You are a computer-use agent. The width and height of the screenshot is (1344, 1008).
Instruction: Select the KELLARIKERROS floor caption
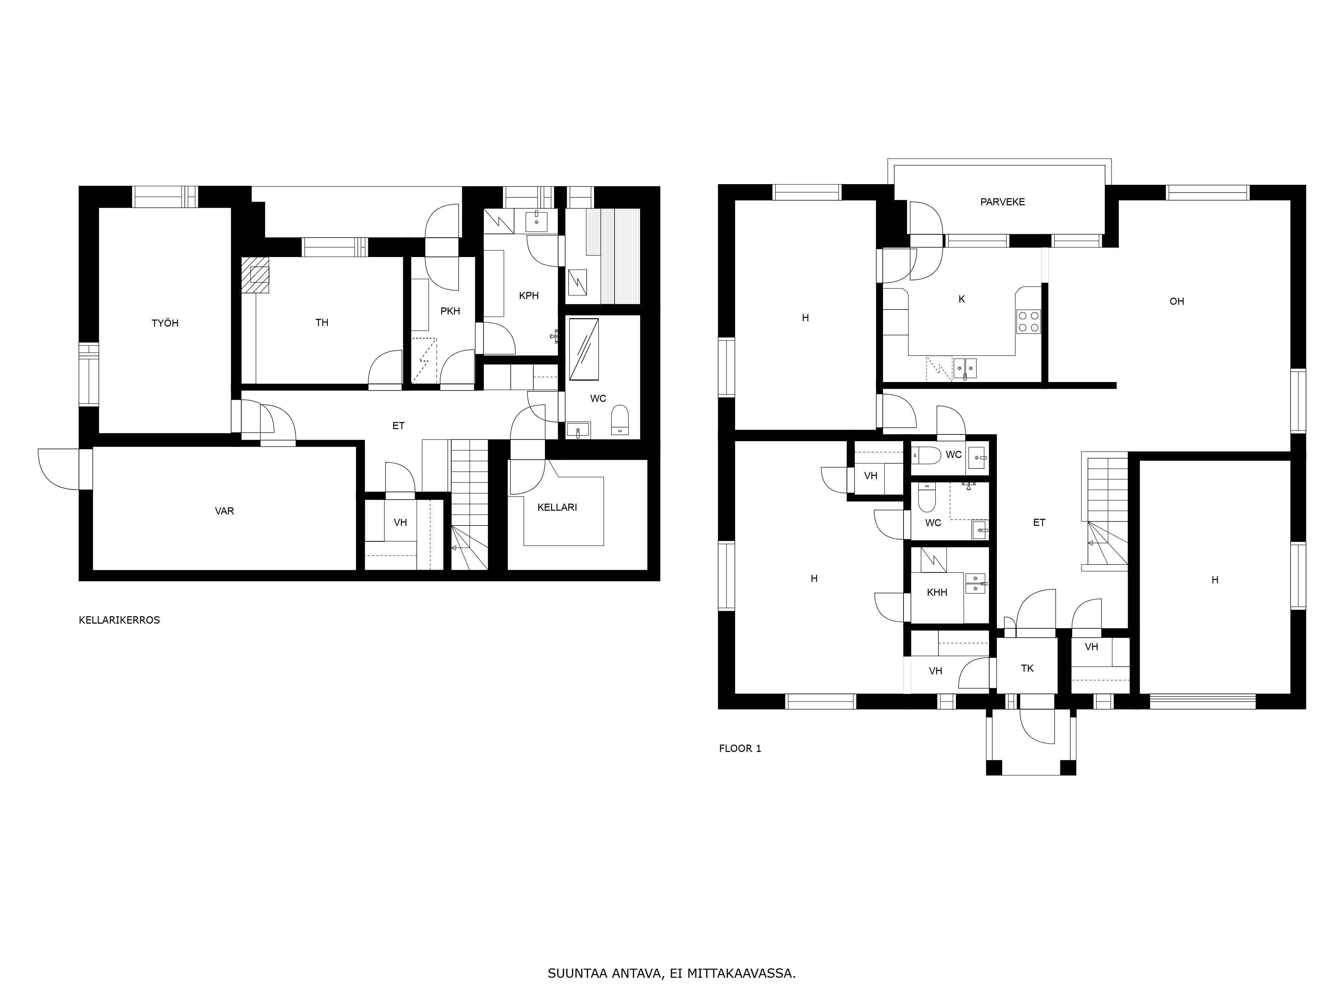point(120,620)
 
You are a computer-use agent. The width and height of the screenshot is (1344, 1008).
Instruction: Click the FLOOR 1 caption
point(740,749)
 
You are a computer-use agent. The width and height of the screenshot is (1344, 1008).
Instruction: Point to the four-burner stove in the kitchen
point(1028,322)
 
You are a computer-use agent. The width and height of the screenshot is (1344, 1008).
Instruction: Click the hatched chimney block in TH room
point(255,275)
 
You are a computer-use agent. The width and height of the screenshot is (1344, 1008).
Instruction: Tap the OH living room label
point(1177,301)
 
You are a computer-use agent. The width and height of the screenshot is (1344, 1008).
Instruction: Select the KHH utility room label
point(937,592)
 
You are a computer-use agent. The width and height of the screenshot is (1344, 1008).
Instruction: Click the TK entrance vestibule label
point(1027,668)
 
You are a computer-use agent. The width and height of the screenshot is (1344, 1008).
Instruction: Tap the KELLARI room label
point(557,507)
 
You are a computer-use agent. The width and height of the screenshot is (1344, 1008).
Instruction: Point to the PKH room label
point(450,311)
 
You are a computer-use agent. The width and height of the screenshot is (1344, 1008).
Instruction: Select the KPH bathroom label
point(529,296)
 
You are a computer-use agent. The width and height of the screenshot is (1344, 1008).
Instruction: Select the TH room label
point(322,323)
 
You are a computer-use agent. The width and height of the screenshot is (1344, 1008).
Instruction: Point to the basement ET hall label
point(398,426)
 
